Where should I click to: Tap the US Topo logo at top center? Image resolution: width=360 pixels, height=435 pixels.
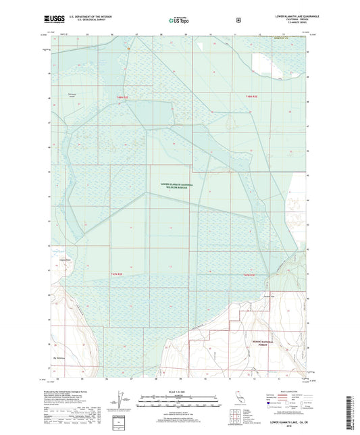coord(178,20)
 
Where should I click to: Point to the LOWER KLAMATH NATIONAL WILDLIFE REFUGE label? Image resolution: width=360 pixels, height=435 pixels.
coord(174,186)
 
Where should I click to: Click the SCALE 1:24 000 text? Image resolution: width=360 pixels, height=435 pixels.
coord(180,392)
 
